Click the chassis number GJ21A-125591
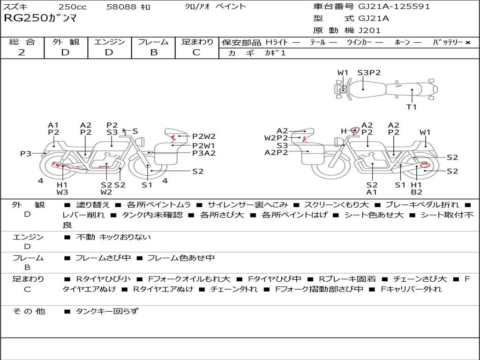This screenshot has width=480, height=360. (394, 7)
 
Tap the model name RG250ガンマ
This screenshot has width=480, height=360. (40, 18)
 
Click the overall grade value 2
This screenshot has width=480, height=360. (22, 52)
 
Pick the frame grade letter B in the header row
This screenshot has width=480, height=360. (154, 52)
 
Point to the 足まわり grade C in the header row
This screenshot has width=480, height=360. (196, 52)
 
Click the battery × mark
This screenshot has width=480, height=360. (468, 43)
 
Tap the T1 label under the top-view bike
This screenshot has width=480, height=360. (412, 107)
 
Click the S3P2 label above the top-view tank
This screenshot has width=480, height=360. (369, 73)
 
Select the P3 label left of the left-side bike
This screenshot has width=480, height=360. (26, 153)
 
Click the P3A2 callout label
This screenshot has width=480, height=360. (204, 153)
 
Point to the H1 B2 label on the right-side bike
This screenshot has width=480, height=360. (416, 188)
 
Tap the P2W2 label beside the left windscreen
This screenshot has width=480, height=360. (204, 136)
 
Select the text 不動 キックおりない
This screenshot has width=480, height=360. (113, 237)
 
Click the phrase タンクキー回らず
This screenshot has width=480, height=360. (107, 311)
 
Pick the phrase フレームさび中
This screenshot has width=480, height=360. (103, 258)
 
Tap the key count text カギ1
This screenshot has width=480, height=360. (275, 53)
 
